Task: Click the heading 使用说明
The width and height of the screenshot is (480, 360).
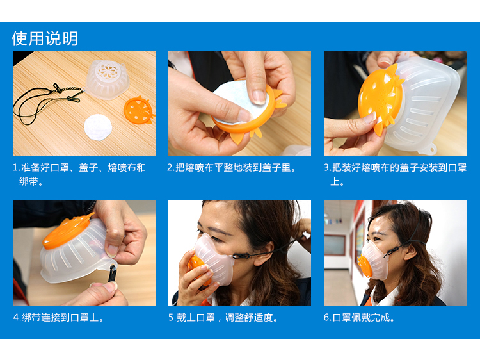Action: pos(45,38)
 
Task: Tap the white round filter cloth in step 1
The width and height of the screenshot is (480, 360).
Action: pos(98,127)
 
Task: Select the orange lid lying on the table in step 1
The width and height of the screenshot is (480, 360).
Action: pos(139,110)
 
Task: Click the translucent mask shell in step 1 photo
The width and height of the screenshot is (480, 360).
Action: pos(106,79)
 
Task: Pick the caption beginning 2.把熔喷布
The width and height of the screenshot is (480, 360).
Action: pos(232,168)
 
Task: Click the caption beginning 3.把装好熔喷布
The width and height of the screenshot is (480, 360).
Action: pos(396,175)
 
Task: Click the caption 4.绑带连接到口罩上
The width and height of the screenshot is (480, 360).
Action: pos(58,318)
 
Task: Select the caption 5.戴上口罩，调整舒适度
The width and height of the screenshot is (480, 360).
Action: pos(223,318)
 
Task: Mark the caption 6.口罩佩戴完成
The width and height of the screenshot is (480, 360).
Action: pos(359,318)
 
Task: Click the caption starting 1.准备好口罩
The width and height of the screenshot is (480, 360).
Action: pos(79,175)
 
